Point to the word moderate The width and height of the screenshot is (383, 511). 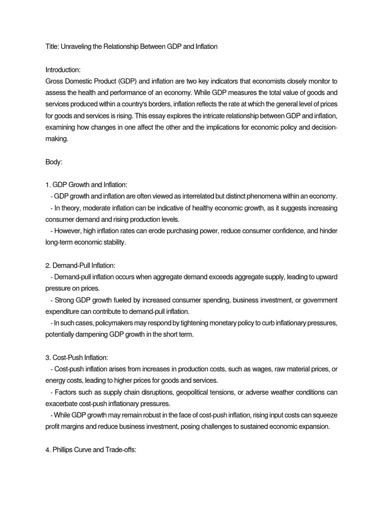pyautogui.click(x=98, y=208)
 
